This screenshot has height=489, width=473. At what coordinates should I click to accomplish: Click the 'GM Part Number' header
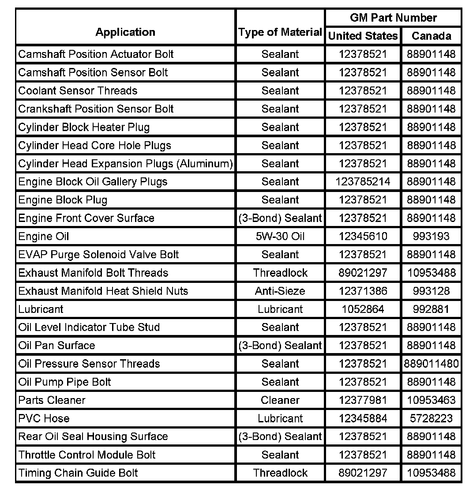click(393, 18)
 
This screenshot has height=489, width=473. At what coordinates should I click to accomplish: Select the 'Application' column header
click(125, 32)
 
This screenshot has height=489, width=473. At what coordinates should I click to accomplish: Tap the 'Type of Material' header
click(280, 32)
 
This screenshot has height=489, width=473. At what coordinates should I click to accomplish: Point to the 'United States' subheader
click(363, 36)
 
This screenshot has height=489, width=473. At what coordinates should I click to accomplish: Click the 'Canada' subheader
click(431, 36)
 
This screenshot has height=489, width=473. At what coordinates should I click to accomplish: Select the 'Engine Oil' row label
click(44, 237)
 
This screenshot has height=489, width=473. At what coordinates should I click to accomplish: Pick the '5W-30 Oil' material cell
click(280, 237)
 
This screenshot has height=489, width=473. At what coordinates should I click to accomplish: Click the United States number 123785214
click(363, 182)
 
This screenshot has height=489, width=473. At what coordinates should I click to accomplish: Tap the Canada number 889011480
click(431, 364)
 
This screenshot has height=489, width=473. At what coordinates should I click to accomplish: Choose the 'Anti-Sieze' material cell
click(280, 291)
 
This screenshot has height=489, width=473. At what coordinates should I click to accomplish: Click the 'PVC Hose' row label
click(44, 418)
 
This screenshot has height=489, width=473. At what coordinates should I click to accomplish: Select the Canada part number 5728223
click(431, 418)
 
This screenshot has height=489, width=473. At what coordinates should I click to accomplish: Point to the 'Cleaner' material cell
click(280, 400)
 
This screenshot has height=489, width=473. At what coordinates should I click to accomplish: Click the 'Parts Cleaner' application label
click(52, 400)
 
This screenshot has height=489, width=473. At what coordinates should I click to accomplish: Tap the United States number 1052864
click(363, 309)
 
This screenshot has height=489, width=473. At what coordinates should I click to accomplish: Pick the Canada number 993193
click(431, 237)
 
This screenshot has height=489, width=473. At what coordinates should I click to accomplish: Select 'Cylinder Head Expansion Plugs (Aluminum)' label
click(125, 164)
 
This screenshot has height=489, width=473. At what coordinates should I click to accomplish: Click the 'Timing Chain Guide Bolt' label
click(78, 473)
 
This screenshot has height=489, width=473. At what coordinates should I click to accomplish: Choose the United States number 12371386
click(363, 291)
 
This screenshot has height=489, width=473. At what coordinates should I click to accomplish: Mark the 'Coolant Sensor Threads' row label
click(78, 91)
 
